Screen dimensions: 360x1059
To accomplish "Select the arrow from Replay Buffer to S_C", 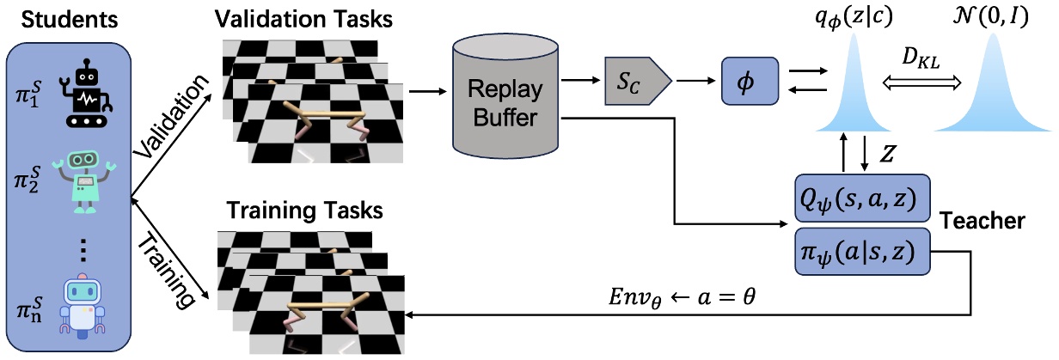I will point(583,82).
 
